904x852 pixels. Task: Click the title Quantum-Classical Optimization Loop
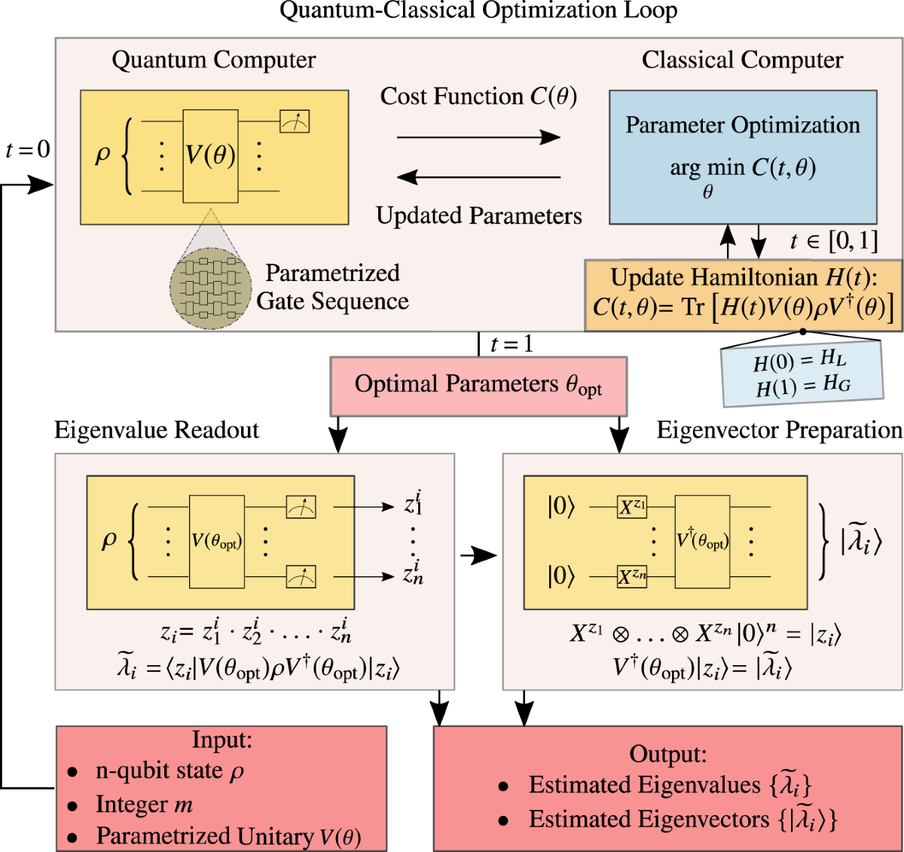[478, 11]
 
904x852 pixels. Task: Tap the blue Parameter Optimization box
[742, 157]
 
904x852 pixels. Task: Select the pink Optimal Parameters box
[478, 386]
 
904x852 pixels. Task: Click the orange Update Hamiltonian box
[743, 294]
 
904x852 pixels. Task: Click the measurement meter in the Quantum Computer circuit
[295, 121]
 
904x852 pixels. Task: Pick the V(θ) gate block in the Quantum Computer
[210, 156]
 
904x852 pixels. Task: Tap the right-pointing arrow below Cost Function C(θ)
[478, 137]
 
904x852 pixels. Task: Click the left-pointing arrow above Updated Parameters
[478, 178]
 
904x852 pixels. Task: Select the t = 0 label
[28, 150]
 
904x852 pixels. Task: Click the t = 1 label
[512, 344]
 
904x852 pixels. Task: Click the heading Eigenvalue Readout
[157, 430]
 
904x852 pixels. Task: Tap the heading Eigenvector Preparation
[779, 430]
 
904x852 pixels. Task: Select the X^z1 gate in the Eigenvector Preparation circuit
[631, 507]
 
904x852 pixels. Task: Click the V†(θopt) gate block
[702, 541]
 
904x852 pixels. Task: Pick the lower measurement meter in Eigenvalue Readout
[301, 577]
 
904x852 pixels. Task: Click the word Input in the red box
[221, 740]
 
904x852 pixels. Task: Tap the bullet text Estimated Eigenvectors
[683, 820]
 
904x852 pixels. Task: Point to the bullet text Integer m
[144, 805]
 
